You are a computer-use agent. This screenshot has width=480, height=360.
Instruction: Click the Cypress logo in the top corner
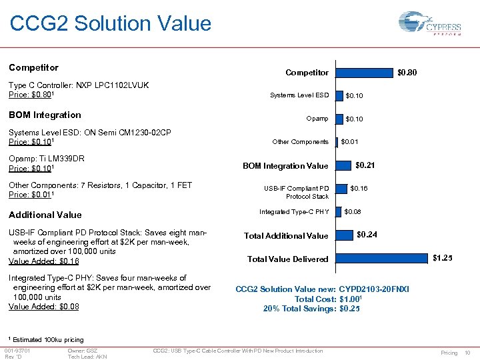(x=434, y=28)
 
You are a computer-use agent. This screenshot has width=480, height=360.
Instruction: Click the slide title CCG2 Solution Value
(x=111, y=24)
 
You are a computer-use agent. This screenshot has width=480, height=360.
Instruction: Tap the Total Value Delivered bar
(x=382, y=258)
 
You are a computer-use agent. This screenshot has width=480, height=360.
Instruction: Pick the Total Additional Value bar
(x=343, y=235)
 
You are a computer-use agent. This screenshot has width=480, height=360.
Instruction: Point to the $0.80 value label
(x=407, y=72)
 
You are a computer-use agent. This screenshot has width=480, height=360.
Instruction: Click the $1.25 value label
(x=442, y=258)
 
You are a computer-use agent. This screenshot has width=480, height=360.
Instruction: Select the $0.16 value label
(x=359, y=189)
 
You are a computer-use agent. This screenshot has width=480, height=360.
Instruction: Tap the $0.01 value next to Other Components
(x=349, y=141)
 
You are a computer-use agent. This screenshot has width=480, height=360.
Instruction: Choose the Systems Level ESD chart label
(x=299, y=95)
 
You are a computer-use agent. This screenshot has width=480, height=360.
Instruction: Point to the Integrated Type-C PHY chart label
(x=294, y=212)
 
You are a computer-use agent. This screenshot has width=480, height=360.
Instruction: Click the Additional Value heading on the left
(x=45, y=215)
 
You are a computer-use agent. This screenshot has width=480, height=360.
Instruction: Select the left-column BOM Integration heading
(x=45, y=115)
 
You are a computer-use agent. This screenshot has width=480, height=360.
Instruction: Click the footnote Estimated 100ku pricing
(x=48, y=340)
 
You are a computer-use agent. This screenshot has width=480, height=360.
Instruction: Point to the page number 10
(x=467, y=352)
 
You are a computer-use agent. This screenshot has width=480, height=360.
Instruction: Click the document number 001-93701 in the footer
(x=17, y=351)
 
